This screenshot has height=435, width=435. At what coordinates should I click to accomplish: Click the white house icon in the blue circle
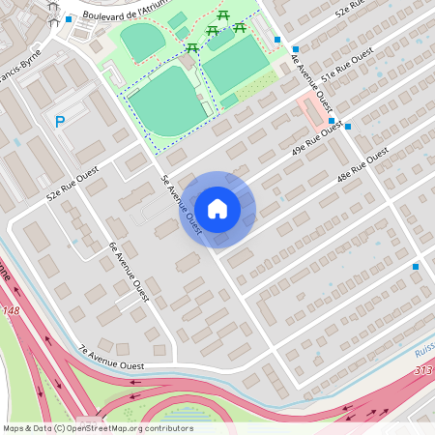(217, 208)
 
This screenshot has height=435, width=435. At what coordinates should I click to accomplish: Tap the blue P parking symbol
(59, 122)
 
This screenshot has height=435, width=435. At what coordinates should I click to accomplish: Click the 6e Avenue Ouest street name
(128, 274)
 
